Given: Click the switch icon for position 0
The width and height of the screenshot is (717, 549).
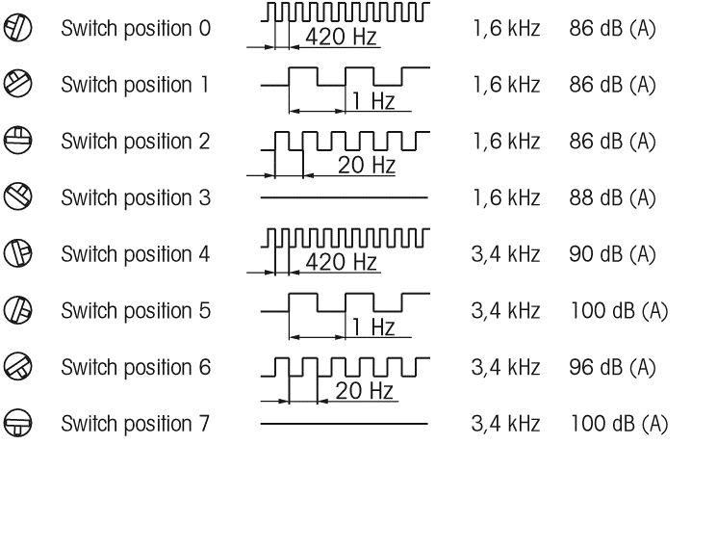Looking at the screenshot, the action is tap(18, 27).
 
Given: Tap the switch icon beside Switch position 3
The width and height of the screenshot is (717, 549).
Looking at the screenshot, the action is tap(18, 197).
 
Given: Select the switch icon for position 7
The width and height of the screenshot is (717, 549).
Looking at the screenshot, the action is tap(18, 423).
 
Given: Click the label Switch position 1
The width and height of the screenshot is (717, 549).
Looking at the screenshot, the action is tap(135, 85).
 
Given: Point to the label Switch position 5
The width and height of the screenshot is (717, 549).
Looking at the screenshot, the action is tap(136, 311).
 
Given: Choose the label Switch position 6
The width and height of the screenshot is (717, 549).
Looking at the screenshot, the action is tap(136, 367).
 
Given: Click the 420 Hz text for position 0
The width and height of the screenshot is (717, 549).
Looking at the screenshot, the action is tap(341, 37).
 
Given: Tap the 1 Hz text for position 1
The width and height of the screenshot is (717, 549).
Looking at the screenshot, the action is tap(373, 100).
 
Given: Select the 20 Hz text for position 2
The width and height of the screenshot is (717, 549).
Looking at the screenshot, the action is tap(367, 165).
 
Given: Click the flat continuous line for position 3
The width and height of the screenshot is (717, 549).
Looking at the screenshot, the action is tap(345, 197).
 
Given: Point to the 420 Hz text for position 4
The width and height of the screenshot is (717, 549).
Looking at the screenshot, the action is tap(341, 262).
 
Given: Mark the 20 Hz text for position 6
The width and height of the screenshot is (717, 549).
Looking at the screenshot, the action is tap(364, 391).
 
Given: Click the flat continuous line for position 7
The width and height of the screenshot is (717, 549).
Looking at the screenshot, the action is tap(345, 424).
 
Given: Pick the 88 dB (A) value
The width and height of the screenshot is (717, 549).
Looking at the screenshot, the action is tap(612, 197).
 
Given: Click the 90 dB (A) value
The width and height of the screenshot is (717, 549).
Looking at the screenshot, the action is tap(612, 254).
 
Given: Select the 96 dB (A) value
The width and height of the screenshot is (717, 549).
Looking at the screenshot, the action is tap(612, 367).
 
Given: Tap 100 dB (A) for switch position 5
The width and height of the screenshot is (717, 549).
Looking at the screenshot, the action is tap(619, 311).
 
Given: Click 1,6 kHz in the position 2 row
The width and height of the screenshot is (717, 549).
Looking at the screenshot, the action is tap(506, 142).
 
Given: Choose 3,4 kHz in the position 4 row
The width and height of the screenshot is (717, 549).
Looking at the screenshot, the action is tap(505, 254).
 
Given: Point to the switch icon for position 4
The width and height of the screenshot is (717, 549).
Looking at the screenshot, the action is tap(18, 253).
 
